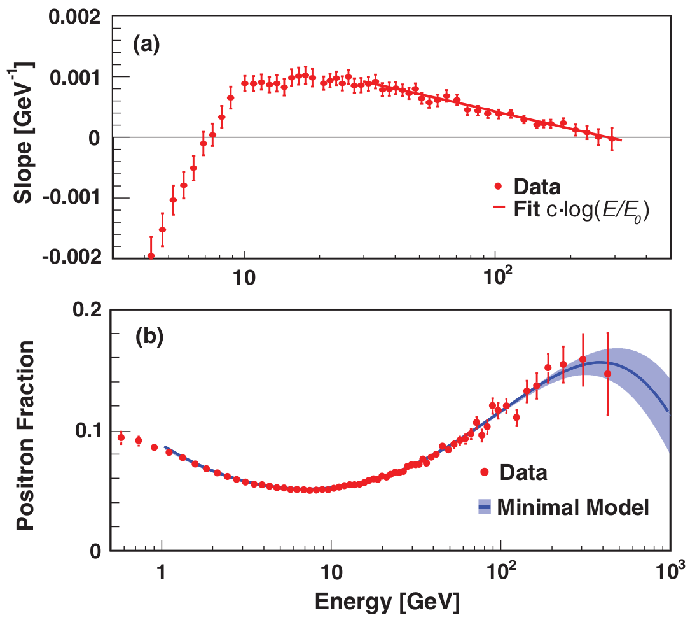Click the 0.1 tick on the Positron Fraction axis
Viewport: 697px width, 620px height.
pos(89,430)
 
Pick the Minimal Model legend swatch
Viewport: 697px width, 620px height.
pos(485,507)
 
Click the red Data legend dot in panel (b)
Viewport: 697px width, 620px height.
pos(485,472)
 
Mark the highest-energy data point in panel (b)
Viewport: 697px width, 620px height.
pos(607,374)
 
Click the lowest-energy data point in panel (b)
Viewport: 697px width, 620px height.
pos(121,437)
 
